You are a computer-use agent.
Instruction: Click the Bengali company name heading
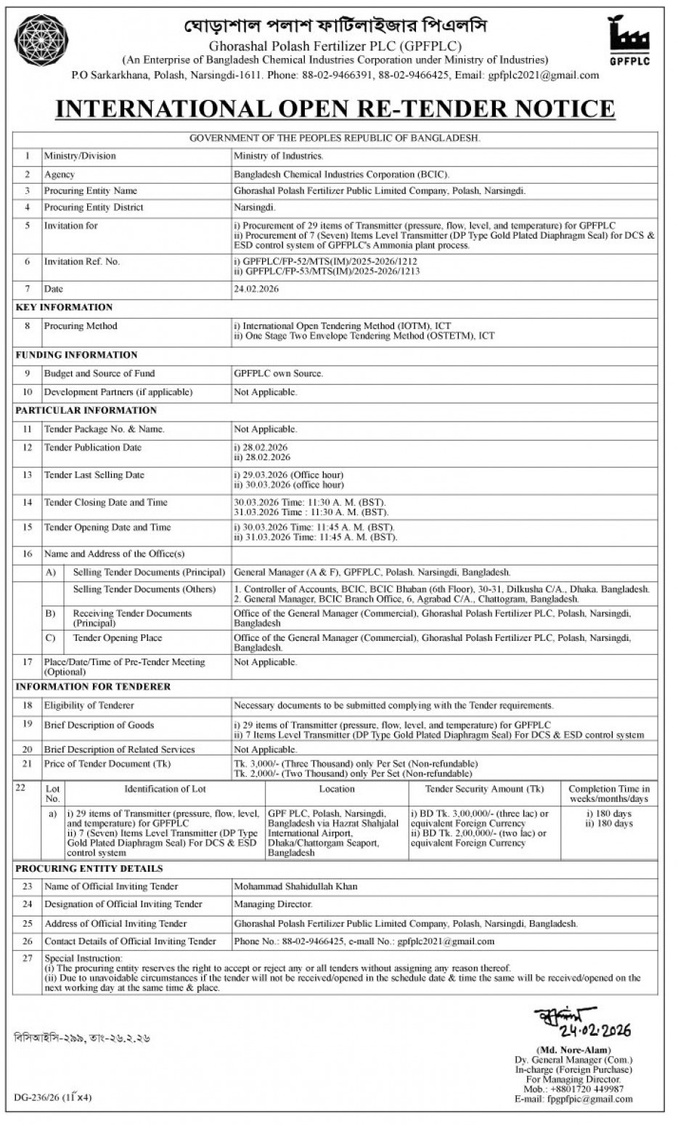[335, 26]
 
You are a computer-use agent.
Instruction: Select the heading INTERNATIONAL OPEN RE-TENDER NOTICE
[335, 108]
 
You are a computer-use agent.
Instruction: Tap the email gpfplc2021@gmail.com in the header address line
[544, 75]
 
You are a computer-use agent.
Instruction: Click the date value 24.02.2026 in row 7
[256, 289]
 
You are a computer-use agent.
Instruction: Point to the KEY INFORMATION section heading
[64, 308]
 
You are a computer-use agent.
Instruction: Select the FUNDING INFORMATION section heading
[76, 355]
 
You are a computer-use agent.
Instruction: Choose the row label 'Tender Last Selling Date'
[94, 475]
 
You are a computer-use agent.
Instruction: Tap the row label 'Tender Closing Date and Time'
[105, 502]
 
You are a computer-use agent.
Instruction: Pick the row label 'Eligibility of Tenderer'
[89, 705]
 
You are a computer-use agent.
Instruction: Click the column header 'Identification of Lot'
[165, 789]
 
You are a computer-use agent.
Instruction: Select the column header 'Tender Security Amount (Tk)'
[484, 789]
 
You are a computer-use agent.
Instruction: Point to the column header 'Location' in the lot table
[337, 789]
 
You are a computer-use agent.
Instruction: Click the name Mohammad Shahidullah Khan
[295, 886]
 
